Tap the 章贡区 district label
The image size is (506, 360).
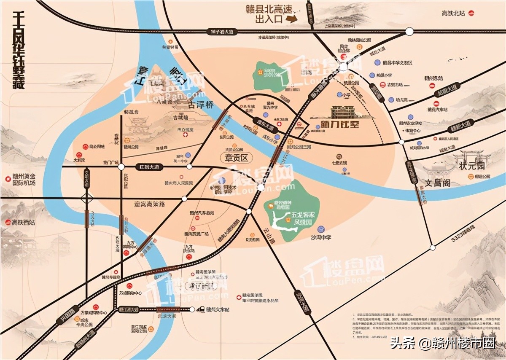coord(234,157)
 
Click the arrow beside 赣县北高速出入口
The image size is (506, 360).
coord(291,19)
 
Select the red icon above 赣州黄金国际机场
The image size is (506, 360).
coord(8,179)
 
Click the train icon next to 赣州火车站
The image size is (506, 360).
coord(201,310)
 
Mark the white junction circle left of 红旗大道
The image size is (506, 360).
coord(121,167)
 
